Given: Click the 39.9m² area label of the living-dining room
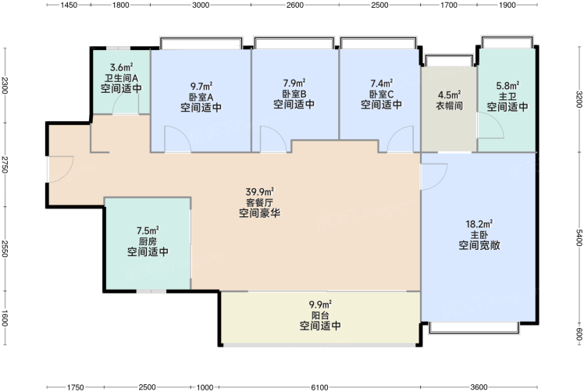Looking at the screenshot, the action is tap(259, 192).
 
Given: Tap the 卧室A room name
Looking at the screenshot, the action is tap(201, 98).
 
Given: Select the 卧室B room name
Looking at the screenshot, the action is tap(294, 94).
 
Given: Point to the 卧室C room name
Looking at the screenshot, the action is tap(381, 94).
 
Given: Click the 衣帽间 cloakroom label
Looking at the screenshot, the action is tap(449, 105).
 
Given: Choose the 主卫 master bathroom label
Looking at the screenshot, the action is tap(507, 97).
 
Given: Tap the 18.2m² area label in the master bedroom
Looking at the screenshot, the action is tap(479, 224).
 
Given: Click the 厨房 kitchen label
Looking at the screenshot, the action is tap(148, 241).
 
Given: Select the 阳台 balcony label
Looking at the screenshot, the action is tap(320, 315).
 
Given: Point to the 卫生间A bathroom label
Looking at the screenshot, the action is tap(121, 78).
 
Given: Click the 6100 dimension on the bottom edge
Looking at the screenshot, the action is tap(319, 387).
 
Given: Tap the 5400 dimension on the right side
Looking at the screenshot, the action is tap(579, 237).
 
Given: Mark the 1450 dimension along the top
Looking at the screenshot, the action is tap(69, 5).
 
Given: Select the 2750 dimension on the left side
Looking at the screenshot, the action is tap(4, 164).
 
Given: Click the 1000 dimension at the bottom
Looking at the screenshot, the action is tap(205, 387).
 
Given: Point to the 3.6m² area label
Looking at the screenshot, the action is tap(122, 67).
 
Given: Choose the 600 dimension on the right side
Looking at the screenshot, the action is tap(579, 334).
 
